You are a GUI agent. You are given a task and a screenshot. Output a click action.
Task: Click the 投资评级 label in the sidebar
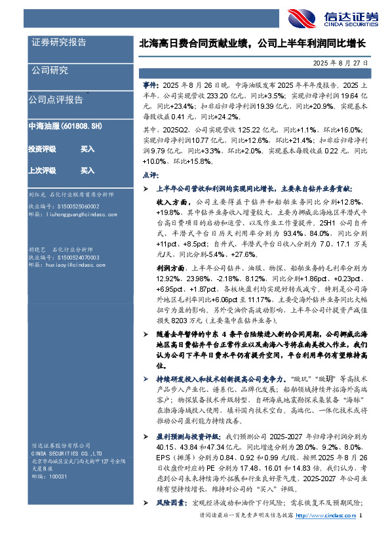point(41,149)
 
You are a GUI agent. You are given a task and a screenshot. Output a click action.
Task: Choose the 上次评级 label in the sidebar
point(41,170)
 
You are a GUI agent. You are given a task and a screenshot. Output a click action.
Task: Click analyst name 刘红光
point(37,195)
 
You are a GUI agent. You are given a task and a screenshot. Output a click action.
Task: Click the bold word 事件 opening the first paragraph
point(150,86)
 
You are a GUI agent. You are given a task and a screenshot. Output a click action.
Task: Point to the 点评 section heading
point(150,176)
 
